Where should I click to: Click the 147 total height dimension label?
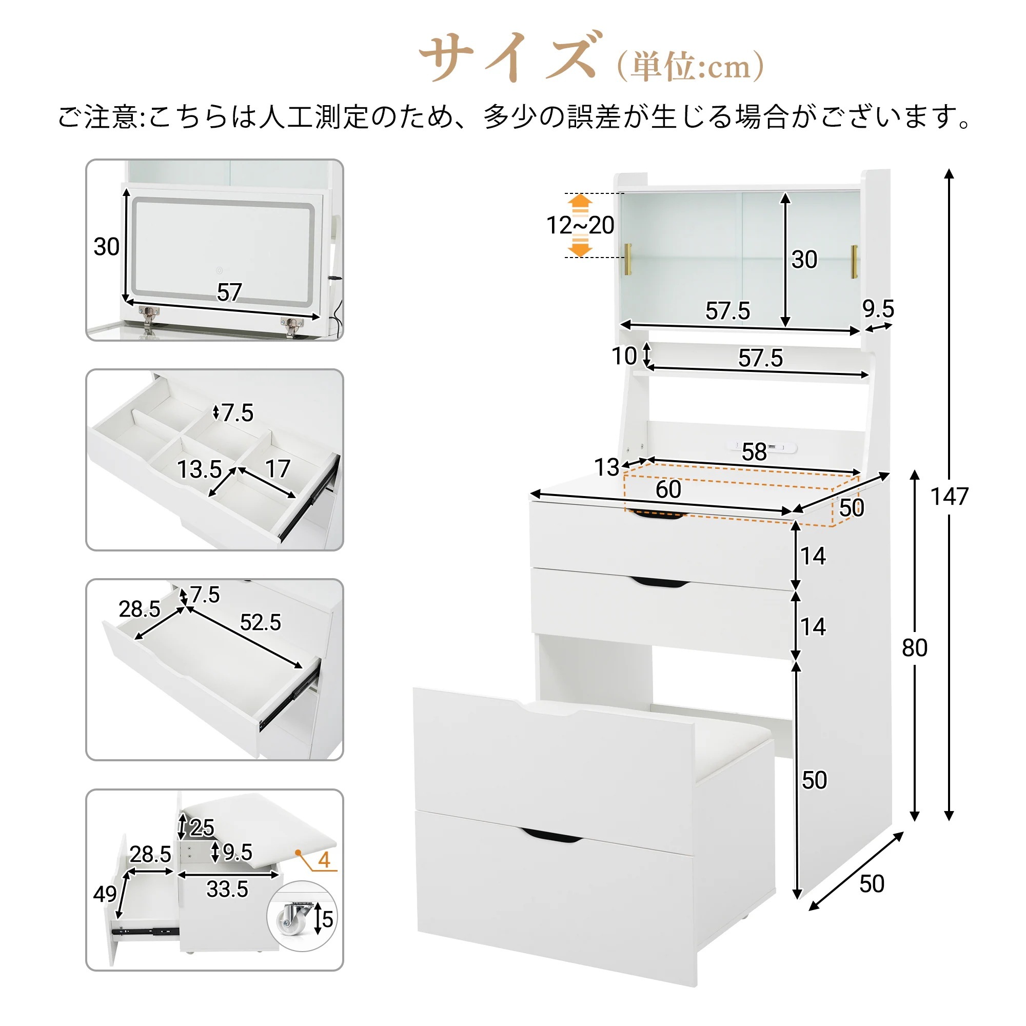(950, 497)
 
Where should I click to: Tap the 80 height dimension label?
(915, 648)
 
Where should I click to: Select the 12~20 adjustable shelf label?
(580, 225)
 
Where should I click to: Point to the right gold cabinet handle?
(855, 261)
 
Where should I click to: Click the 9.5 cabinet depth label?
(878, 308)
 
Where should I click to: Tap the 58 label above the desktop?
(754, 452)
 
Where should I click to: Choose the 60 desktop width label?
(668, 489)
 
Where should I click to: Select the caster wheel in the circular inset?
(295, 918)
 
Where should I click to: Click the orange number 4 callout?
(324, 860)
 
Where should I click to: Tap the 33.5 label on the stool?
(227, 889)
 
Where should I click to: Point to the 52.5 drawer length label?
(260, 622)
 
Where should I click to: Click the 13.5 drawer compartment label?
(199, 469)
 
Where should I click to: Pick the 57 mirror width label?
(229, 292)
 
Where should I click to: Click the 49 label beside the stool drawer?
(105, 894)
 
